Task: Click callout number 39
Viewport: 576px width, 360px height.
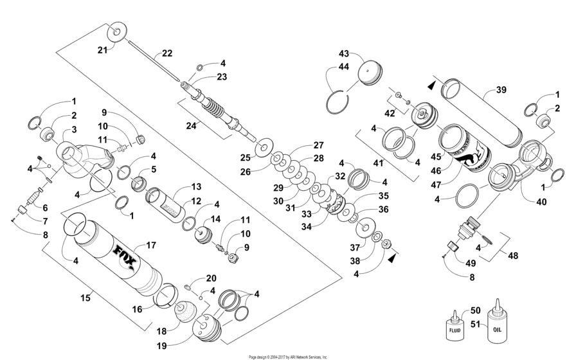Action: click(501, 91)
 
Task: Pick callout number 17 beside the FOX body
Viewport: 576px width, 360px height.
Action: click(152, 245)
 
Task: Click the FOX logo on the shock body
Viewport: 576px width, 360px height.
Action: click(124, 250)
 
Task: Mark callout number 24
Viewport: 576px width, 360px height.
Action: click(191, 126)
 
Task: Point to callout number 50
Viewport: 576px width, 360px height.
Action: click(476, 310)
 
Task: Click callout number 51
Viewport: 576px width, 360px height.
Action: click(476, 324)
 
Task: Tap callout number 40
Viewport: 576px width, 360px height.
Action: click(542, 202)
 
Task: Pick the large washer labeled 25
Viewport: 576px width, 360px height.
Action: click(262, 147)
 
